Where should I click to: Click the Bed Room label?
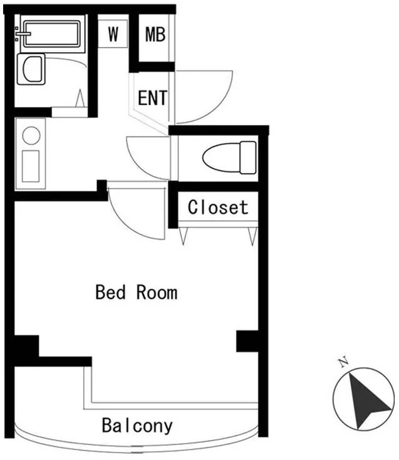[137, 292]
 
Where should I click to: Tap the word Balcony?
[137, 426]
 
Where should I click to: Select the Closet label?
[218, 207]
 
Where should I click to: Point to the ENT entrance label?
[152, 98]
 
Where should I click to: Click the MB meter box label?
[155, 34]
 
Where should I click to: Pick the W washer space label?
[113, 34]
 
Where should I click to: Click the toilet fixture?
[229, 157]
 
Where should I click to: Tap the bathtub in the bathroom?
[52, 33]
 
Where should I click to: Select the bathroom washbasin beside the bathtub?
[31, 69]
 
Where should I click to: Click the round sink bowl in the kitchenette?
[31, 135]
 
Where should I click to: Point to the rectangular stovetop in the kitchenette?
[31, 166]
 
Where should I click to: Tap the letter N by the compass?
[343, 362]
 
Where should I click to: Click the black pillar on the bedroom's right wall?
[247, 341]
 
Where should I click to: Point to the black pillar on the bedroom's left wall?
[26, 346]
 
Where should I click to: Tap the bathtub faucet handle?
[23, 33]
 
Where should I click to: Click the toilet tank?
[248, 157]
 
